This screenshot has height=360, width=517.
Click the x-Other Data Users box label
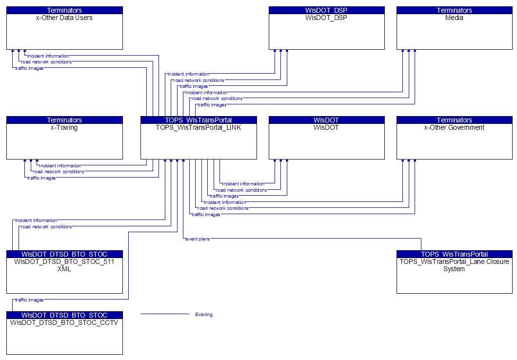[64, 18]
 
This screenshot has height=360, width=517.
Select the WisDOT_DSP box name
[326, 18]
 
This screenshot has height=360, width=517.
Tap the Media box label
[454, 18]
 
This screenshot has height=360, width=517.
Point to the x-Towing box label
[64, 128]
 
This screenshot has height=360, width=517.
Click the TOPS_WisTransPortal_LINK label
[199, 128]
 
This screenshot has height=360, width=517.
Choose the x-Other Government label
[454, 128]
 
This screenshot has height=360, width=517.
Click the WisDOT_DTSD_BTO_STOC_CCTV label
[64, 322]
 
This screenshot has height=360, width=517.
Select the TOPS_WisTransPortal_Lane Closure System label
[454, 265]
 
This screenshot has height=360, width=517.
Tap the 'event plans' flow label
[198, 239]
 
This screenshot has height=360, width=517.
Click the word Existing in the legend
[204, 315]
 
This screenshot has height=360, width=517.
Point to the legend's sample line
[164, 314]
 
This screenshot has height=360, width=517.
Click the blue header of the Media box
[454, 10]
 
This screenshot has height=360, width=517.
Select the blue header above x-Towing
[64, 120]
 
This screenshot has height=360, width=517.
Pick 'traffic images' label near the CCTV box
[29, 300]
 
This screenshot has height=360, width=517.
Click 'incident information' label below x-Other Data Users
[48, 56]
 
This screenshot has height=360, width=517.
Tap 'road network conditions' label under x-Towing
[59, 172]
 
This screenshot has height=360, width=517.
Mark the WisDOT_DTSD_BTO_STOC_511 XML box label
[64, 265]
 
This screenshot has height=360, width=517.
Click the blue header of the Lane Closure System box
[454, 254]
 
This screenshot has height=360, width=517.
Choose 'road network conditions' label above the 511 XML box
[46, 227]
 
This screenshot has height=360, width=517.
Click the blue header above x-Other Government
[454, 120]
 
